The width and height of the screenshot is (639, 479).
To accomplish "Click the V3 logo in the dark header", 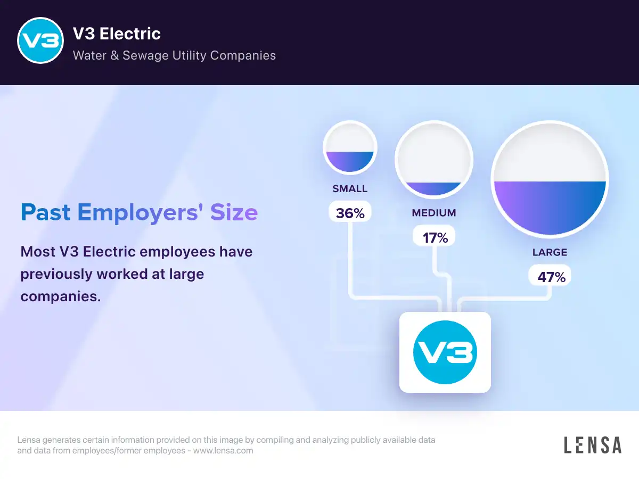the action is point(40,40).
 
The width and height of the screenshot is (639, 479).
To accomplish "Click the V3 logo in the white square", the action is point(445,352).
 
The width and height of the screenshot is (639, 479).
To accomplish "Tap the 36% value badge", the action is point(350,212).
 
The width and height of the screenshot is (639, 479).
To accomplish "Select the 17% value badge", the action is point(434,236).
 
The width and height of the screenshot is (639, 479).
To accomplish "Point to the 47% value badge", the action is point(550,275).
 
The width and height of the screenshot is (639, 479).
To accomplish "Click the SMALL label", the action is point(350,189).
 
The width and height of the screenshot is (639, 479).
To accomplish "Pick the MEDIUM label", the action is point(434,213).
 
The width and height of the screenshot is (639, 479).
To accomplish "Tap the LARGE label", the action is point(550,252).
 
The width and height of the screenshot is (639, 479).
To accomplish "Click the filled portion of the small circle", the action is point(350,161).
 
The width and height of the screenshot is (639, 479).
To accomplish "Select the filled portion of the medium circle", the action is point(434,188).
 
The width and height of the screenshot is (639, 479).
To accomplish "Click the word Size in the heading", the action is point(234,212).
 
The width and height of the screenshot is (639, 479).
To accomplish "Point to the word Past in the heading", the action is point(45,212).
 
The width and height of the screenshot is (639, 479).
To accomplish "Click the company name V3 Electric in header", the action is point(117,34).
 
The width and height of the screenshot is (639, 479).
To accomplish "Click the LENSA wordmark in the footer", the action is point(593,445).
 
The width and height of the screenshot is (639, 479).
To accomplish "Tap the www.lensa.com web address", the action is point(223,450).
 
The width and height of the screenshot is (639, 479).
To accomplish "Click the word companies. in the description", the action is point(61,296).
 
